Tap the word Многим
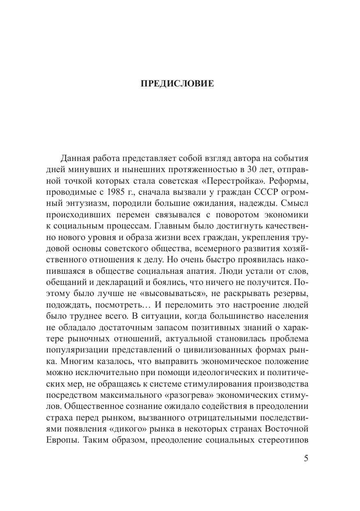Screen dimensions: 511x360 pos(73,365)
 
